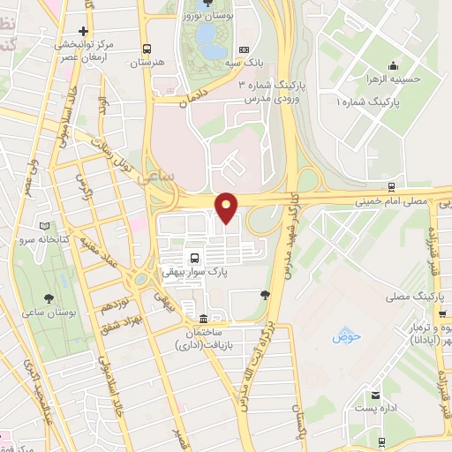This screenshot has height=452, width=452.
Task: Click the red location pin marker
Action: coord(227,207)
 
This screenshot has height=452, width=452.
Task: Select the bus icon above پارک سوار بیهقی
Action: coord(192,258)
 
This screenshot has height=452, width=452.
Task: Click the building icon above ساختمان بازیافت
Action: coord(204,318)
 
